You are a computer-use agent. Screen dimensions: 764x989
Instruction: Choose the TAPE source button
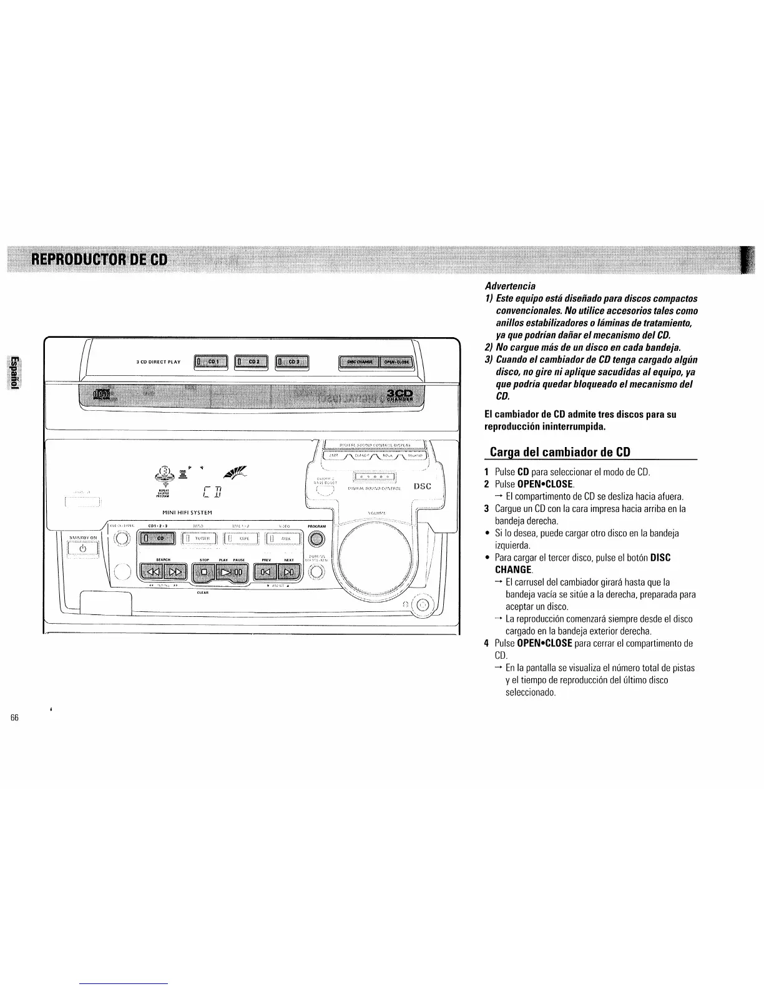pos(243,538)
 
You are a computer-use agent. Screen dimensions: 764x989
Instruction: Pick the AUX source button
pos(284,538)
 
